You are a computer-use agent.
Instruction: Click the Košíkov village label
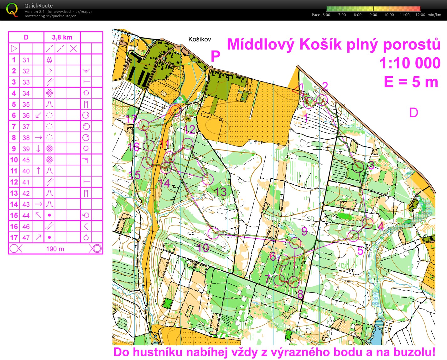click(x=200, y=39)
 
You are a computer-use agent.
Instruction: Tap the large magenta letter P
click(x=215, y=56)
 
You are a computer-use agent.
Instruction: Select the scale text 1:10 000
click(x=410, y=63)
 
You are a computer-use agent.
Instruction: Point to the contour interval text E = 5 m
click(x=411, y=82)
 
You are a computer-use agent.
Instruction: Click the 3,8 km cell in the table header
click(x=62, y=37)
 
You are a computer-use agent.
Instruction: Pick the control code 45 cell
click(x=26, y=160)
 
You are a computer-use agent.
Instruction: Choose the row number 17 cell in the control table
click(x=14, y=237)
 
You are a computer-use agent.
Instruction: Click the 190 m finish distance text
click(x=55, y=249)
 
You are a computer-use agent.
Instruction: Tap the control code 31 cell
click(x=26, y=60)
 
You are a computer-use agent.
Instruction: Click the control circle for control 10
click(x=214, y=233)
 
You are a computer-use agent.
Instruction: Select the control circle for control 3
click(x=358, y=167)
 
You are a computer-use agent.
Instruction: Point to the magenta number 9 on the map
click(x=304, y=231)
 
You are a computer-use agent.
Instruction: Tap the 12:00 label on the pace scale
click(x=420, y=15)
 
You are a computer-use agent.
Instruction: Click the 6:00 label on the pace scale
click(x=326, y=15)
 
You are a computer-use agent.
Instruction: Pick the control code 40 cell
click(x=26, y=171)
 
